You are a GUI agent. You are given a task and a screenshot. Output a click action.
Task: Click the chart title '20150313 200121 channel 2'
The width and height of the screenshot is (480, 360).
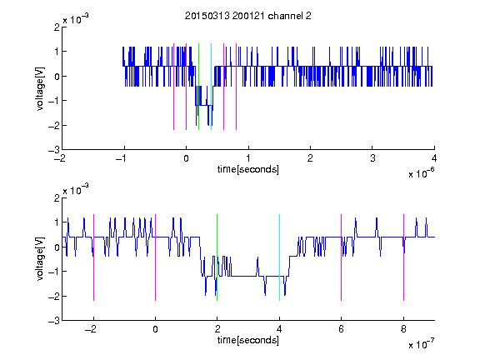248,16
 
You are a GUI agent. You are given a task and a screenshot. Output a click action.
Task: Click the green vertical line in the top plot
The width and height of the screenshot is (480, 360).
198,87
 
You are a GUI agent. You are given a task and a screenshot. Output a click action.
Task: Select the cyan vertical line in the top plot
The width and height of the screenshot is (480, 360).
211,87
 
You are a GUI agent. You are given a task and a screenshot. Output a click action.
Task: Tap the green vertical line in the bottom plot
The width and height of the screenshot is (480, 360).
217,257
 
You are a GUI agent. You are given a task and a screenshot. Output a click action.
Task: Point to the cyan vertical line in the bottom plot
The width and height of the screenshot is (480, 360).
279,257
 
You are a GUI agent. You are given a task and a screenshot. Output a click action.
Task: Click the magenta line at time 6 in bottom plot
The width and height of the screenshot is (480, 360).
342,257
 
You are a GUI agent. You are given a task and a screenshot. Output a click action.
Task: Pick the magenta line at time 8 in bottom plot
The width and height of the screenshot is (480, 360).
404,257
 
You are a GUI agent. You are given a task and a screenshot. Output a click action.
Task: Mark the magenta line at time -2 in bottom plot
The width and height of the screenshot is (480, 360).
93,257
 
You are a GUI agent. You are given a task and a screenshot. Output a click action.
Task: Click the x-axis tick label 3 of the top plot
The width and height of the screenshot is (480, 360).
372,158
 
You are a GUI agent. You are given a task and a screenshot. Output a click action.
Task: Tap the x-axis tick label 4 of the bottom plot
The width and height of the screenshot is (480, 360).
279,329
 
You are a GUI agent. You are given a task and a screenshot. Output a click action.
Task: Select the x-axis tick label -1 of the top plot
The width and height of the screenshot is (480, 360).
122,158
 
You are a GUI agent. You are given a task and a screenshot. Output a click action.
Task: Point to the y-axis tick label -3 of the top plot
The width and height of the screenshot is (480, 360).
54,150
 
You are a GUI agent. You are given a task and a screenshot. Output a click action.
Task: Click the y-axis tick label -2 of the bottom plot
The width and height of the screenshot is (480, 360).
54,297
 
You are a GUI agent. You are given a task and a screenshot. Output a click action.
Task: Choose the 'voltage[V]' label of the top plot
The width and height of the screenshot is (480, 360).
40,88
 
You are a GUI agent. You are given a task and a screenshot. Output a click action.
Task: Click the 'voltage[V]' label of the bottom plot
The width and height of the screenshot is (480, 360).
40,259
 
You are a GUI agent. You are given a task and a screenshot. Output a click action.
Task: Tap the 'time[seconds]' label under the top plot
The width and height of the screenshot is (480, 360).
248,169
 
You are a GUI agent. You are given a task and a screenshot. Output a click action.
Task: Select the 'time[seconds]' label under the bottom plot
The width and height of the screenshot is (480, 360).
248,340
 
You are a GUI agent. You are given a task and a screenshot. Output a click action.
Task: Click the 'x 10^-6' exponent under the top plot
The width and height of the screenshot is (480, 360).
422,173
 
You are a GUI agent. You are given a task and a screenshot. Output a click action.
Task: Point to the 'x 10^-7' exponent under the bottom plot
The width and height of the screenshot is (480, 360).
422,344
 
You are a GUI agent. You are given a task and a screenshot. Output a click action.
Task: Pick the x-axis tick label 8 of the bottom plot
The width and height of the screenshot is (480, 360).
403,329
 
